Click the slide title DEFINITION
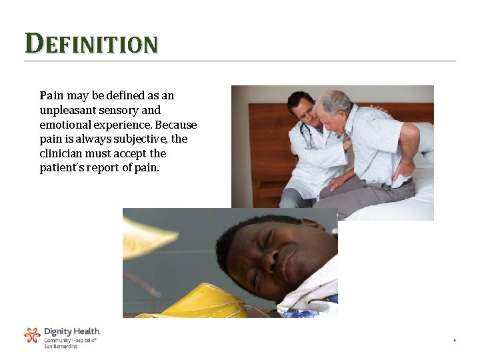[91, 44]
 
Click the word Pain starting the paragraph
[51, 96]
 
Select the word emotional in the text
[65, 125]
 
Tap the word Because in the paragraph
[175, 125]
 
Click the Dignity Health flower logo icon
[32, 335]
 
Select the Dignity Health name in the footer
[72, 331]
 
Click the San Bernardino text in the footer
[61, 347]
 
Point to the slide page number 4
[454, 341]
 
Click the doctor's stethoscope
[307, 136]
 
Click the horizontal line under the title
[240, 61]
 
